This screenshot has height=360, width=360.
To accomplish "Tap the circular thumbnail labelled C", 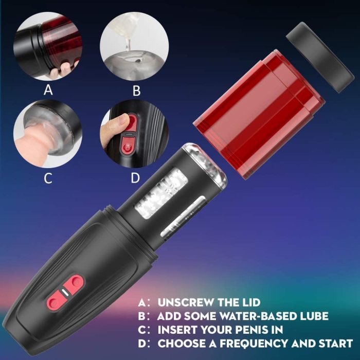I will point(47,137).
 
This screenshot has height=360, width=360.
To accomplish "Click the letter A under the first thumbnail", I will point(48,91).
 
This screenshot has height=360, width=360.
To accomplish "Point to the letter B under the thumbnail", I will point(136,91).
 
